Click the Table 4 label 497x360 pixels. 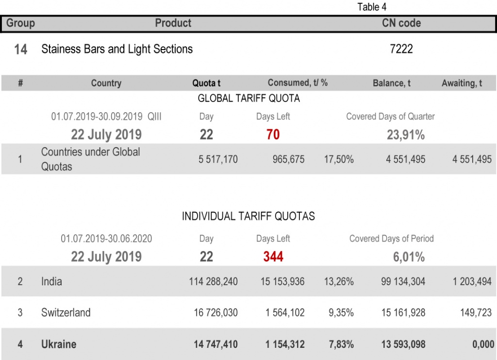(372, 7)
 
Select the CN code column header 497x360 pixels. (401, 23)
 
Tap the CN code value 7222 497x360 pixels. (401, 49)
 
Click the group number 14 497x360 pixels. (20, 50)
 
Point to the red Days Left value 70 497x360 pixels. (273, 135)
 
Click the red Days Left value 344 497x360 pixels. (273, 257)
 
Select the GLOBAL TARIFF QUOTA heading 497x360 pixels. (248, 99)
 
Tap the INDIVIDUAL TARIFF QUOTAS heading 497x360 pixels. (248, 216)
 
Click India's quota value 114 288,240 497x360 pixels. (213, 282)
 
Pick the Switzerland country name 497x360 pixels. (66, 312)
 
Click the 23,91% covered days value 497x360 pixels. (405, 135)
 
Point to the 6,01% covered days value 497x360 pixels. (409, 257)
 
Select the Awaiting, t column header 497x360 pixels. (462, 83)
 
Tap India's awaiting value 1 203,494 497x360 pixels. (472, 282)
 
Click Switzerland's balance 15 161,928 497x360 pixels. (403, 313)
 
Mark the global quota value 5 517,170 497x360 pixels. (218, 159)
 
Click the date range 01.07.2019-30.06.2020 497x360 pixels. (106, 239)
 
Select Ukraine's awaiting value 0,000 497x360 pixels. (483, 344)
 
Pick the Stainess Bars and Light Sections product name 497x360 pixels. (117, 49)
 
